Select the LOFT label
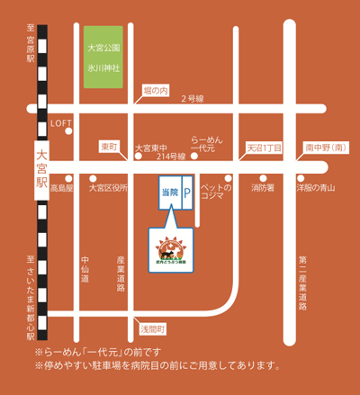tap(61, 123)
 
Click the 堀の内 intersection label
tap(156, 90)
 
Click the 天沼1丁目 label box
tap(265, 147)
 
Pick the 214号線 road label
tap(170, 157)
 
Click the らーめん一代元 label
tap(208, 145)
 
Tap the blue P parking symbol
tap(188, 193)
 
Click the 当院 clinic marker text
tap(168, 193)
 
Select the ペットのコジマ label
tap(216, 193)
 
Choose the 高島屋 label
tap(62, 188)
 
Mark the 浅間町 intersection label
tap(151, 328)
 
